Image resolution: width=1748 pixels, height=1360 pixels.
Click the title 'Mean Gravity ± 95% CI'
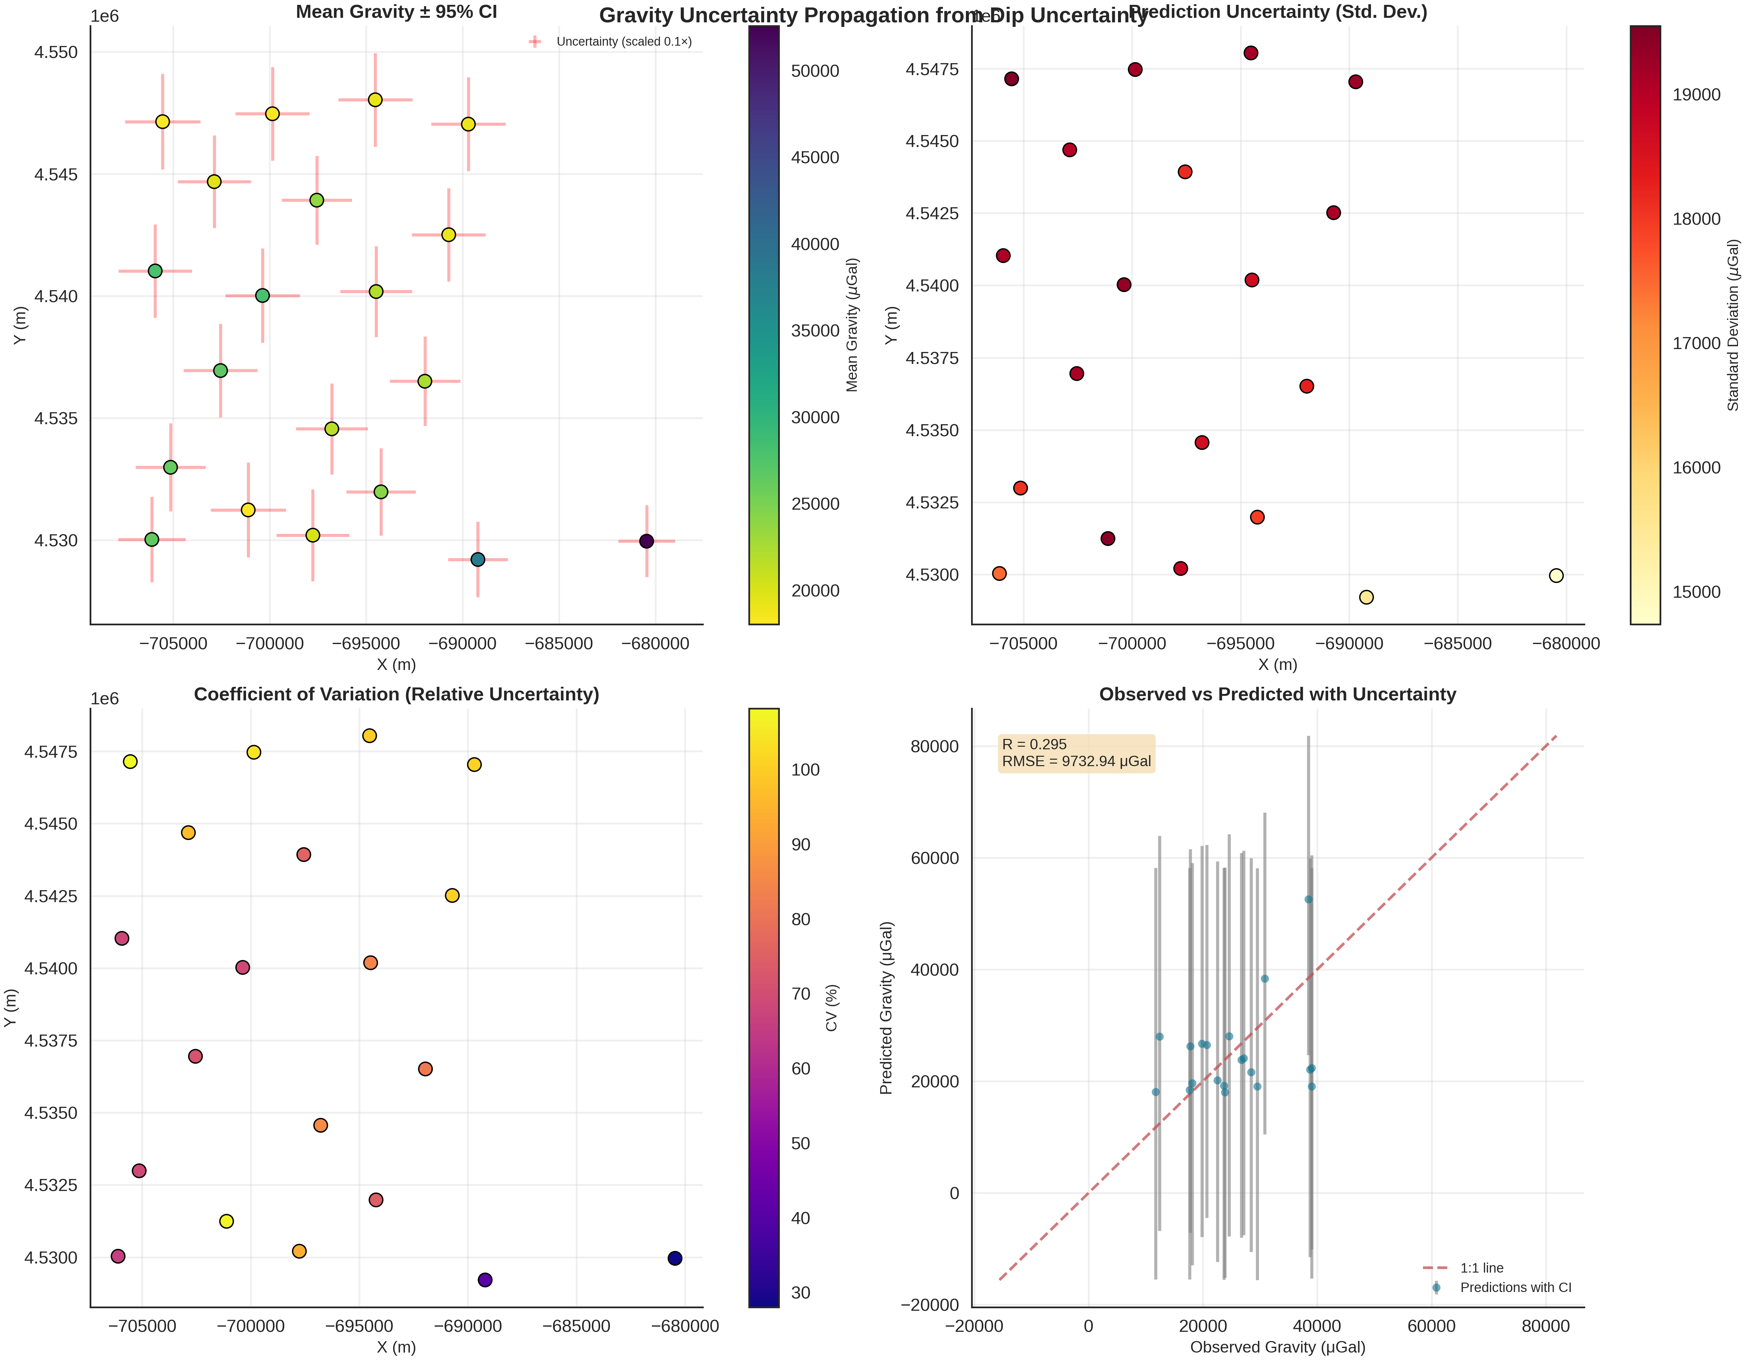point(396,12)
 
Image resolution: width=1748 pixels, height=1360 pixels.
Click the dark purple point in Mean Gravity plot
point(647,541)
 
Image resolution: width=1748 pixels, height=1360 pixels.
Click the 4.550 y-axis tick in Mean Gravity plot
point(56,53)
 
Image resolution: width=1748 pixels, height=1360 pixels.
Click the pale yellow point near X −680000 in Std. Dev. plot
point(1556,575)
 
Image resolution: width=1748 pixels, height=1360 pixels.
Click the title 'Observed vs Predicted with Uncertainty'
point(1277,694)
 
